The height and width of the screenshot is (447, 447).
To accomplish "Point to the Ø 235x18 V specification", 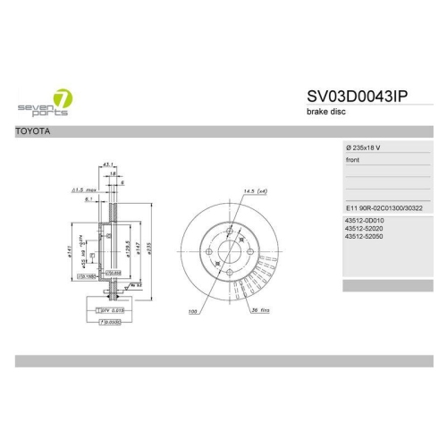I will (368, 147).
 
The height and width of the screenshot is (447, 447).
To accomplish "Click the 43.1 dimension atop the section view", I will (108, 165).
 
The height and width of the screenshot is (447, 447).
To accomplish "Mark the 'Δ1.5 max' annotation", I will (84, 190).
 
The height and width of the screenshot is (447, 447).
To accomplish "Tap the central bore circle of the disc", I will (230, 252).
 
